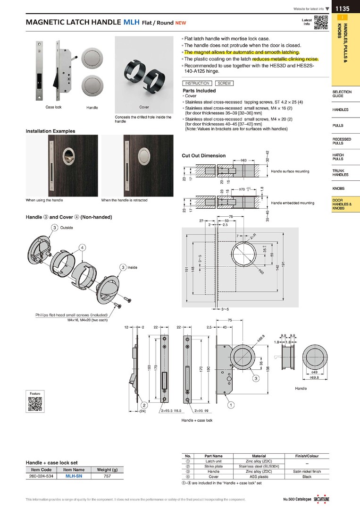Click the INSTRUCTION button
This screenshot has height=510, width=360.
point(197,83)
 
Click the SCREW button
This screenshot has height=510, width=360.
point(225,83)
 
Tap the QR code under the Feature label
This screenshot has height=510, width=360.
point(35,405)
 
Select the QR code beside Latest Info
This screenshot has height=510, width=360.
point(321,23)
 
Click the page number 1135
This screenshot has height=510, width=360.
point(343,8)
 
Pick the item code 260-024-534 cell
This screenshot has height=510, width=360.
point(41,476)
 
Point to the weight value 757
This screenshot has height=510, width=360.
point(107,476)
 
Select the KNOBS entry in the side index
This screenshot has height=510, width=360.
point(338,188)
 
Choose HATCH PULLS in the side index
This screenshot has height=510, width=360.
point(338,157)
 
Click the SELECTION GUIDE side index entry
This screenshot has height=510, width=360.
point(342,93)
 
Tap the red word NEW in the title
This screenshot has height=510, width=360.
point(181,23)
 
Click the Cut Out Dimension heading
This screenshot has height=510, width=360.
point(203,155)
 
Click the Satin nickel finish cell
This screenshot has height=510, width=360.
point(307,471)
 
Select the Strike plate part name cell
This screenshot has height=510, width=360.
point(214,466)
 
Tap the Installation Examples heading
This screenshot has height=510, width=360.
point(50,131)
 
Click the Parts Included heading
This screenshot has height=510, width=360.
point(199,91)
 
